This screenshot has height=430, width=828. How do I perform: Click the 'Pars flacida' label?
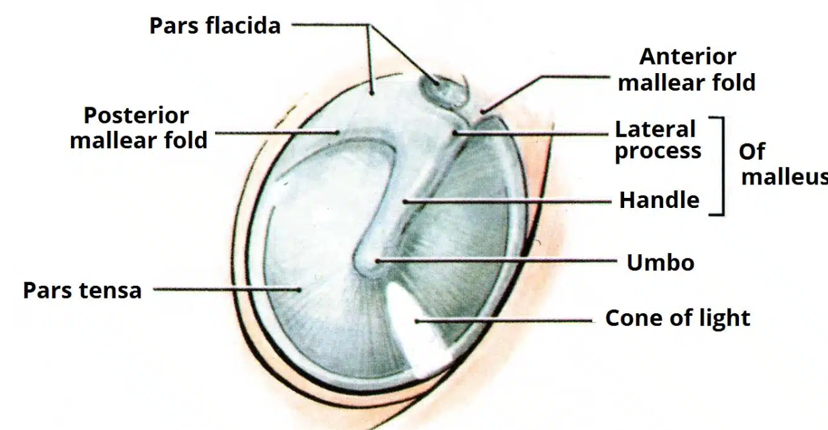click(x=215, y=25)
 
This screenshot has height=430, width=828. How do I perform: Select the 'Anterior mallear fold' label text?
click(x=687, y=69)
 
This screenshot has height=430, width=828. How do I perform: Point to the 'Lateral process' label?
click(x=658, y=140)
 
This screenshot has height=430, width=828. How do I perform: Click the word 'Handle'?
click(x=659, y=199)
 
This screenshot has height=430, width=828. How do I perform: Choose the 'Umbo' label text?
click(x=660, y=262)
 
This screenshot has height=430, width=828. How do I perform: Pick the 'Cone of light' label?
click(x=677, y=318)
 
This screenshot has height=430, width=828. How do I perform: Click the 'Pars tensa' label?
click(x=82, y=290)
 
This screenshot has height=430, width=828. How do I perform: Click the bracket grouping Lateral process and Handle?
click(x=719, y=166)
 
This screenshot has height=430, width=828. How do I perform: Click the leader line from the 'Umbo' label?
click(x=496, y=260)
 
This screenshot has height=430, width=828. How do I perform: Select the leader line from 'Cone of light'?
click(x=503, y=321)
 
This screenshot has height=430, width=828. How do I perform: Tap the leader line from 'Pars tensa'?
click(x=225, y=290)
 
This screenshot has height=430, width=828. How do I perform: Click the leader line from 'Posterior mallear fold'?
click(x=275, y=132)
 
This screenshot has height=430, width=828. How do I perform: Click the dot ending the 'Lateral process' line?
click(x=455, y=132)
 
